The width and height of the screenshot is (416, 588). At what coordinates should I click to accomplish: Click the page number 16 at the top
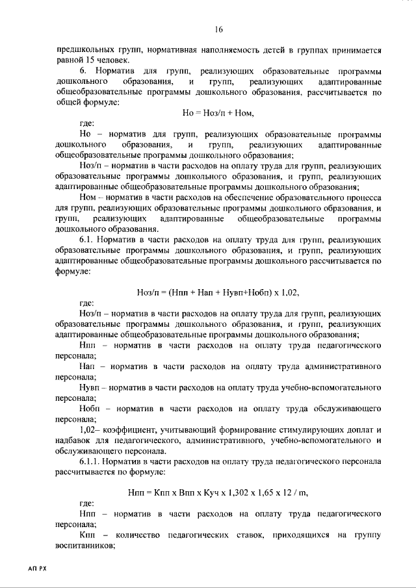click(218, 29)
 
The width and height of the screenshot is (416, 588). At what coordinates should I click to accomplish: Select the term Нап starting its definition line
click(88, 366)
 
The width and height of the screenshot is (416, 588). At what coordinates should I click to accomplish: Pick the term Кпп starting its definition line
click(89, 534)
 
